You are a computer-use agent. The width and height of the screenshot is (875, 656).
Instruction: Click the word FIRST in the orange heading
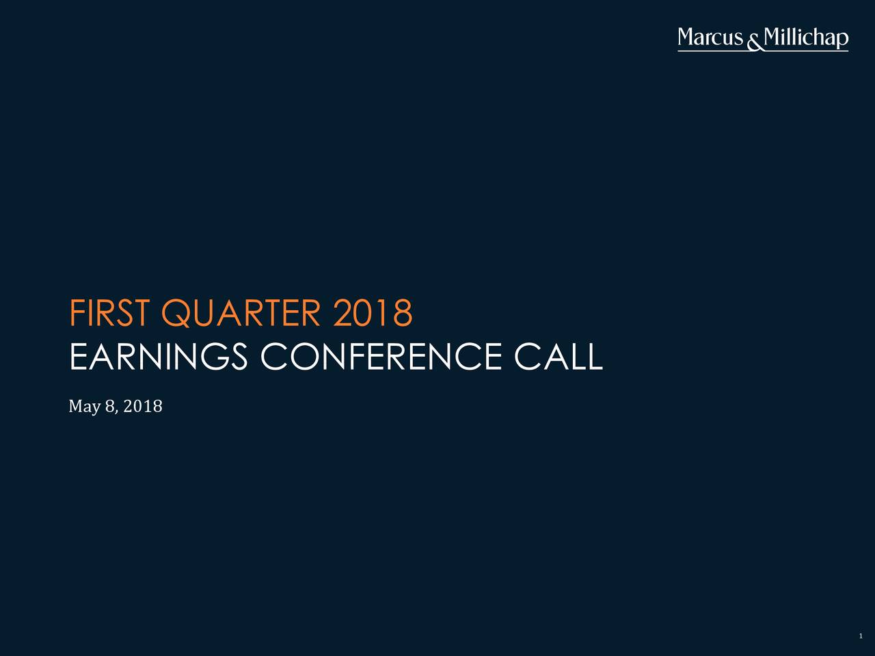click(109, 313)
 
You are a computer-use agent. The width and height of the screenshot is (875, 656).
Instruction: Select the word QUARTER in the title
click(241, 314)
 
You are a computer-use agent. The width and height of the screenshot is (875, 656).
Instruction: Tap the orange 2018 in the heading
click(373, 313)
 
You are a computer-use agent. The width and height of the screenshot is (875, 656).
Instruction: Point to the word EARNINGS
click(159, 357)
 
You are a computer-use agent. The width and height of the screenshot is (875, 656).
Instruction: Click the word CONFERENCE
click(381, 357)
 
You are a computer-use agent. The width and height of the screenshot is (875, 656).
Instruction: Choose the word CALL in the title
click(558, 357)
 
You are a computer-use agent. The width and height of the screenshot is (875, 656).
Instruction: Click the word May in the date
click(85, 407)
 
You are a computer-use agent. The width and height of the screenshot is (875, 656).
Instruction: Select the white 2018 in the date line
click(143, 407)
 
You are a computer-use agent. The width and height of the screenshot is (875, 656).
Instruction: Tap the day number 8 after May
click(109, 407)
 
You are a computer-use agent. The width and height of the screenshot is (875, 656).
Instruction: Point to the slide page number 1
click(861, 636)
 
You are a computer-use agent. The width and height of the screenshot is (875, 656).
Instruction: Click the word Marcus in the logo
click(710, 38)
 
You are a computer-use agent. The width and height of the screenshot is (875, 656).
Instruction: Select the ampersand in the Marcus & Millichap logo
click(754, 43)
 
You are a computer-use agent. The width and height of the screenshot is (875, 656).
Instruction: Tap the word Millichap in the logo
click(806, 38)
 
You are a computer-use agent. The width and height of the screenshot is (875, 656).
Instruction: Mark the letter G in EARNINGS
click(215, 357)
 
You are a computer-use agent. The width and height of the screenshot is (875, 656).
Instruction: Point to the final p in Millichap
click(842, 41)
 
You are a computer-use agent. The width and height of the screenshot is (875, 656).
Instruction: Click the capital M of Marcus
click(688, 38)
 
